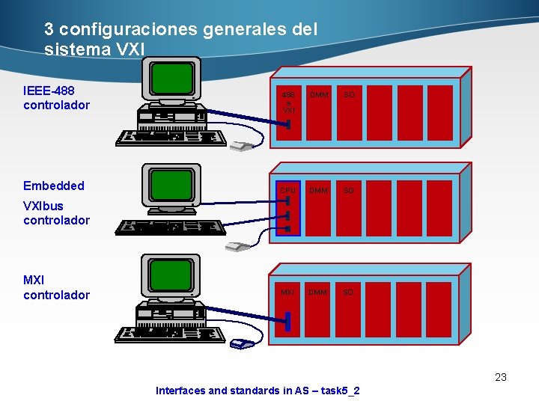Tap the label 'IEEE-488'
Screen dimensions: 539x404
(49, 91)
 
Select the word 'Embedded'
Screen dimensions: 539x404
(54, 186)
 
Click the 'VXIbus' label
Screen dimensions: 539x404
(43, 206)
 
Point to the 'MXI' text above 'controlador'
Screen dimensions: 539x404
(34, 280)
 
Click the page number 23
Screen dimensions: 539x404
(501, 377)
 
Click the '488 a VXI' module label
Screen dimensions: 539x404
(289, 102)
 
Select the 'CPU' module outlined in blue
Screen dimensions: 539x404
(288, 208)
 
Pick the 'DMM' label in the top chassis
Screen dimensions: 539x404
(318, 95)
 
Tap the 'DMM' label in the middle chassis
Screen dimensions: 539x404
(318, 191)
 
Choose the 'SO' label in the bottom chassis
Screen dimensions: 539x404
(348, 293)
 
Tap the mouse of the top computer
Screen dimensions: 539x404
(242, 146)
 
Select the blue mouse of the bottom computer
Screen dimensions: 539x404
(242, 344)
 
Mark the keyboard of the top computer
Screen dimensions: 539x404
(172, 137)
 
